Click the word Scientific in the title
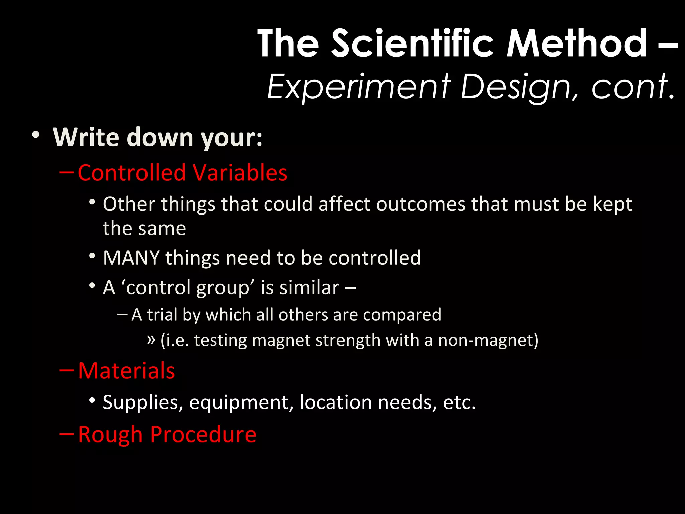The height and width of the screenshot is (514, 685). pos(412,44)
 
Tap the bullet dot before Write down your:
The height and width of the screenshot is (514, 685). pos(36,135)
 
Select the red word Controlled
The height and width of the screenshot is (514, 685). pos(132,173)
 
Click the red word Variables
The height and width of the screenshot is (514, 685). pos(240,173)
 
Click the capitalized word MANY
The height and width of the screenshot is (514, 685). pos(131,258)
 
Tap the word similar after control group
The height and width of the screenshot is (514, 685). pos(309,287)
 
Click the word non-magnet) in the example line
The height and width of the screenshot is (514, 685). pos(488,340)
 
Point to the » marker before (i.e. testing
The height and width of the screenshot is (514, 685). pos(151,340)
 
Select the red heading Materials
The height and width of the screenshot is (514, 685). pos(126,371)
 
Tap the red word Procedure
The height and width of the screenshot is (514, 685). pos(203,434)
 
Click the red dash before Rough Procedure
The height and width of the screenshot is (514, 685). pos(66,434)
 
